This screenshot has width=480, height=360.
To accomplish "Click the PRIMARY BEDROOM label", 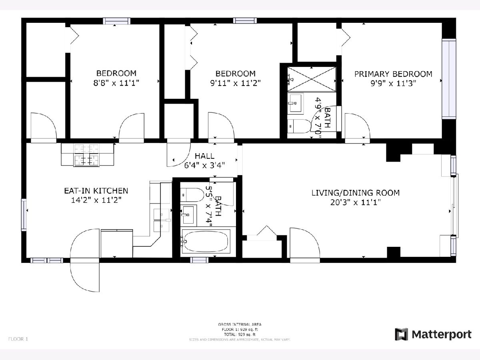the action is pos(393,74).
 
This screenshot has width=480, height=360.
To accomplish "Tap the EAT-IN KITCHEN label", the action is pos(96,191).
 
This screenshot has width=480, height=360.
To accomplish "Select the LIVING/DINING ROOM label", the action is pos(356,193).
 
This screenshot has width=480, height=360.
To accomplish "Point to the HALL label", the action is pos(204,156).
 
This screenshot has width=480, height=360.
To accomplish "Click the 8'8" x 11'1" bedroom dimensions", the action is pos(116,83).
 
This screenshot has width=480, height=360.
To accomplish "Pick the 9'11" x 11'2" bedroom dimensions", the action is pos(235,83).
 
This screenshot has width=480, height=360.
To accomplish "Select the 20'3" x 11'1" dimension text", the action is pos(356,202).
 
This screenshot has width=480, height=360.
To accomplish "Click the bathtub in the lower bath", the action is pos(206,241).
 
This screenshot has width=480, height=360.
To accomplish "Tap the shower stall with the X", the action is pos(311,79).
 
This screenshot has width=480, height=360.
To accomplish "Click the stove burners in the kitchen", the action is pos(86,154).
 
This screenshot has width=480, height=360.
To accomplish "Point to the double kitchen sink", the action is pos(162,220).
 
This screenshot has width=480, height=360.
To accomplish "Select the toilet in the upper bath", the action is pos(299,126).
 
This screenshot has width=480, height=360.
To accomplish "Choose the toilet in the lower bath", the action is pos(192,195).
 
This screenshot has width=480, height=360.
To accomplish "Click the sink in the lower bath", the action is pos(188,215).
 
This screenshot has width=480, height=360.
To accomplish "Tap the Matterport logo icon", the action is pos(401,334).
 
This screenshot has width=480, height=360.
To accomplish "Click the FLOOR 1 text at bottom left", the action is pos(18,339).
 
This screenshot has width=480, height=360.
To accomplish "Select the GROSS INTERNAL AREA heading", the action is pos(240,324).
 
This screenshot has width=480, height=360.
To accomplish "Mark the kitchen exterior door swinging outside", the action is pos(85,275).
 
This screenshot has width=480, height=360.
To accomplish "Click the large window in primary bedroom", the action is pos(449,79).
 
